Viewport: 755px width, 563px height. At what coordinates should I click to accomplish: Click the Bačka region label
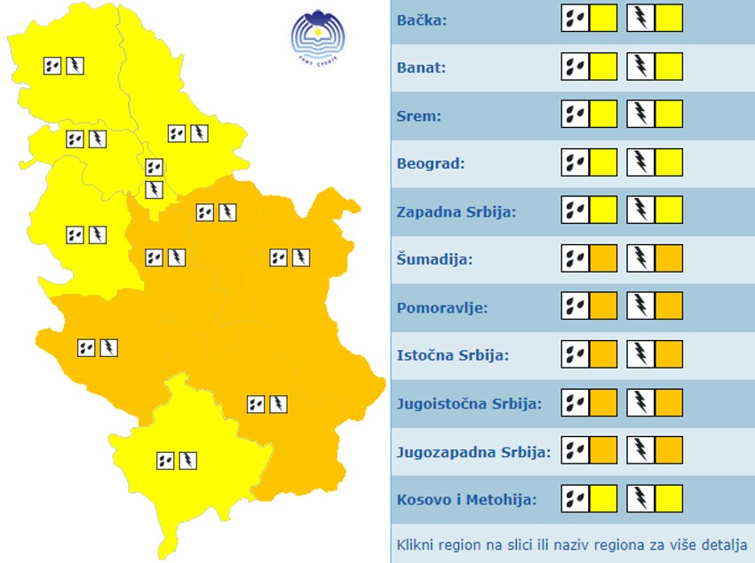click(x=422, y=20)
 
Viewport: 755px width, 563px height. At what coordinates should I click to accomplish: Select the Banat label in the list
click(x=421, y=67)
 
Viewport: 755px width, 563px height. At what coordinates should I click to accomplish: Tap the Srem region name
click(x=418, y=115)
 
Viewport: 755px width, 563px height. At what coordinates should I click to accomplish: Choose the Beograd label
click(x=431, y=163)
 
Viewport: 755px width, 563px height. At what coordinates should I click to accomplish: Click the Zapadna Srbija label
click(x=456, y=212)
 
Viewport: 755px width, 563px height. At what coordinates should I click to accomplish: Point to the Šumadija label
click(x=434, y=259)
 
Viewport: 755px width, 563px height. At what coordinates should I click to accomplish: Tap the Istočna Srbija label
click(x=452, y=355)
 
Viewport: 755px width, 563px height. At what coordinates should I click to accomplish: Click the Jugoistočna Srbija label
click(x=469, y=403)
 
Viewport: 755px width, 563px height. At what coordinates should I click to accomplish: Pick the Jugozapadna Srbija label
click(x=473, y=452)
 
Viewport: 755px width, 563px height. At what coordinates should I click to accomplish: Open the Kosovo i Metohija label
click(x=466, y=500)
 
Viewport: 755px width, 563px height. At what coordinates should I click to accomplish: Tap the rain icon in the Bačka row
click(x=575, y=19)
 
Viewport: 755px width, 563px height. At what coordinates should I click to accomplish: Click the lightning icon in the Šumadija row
click(x=640, y=258)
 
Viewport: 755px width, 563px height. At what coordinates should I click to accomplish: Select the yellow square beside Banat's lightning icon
click(x=669, y=67)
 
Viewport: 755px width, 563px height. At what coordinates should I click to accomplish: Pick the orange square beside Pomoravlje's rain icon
click(x=603, y=306)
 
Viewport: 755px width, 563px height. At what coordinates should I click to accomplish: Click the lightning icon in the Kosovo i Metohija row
click(x=640, y=498)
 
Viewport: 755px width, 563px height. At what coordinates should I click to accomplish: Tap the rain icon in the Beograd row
click(x=575, y=163)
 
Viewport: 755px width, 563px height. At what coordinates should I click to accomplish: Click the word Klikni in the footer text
click(x=417, y=543)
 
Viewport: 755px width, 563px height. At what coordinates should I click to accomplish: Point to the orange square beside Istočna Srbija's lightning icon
click(x=669, y=354)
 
